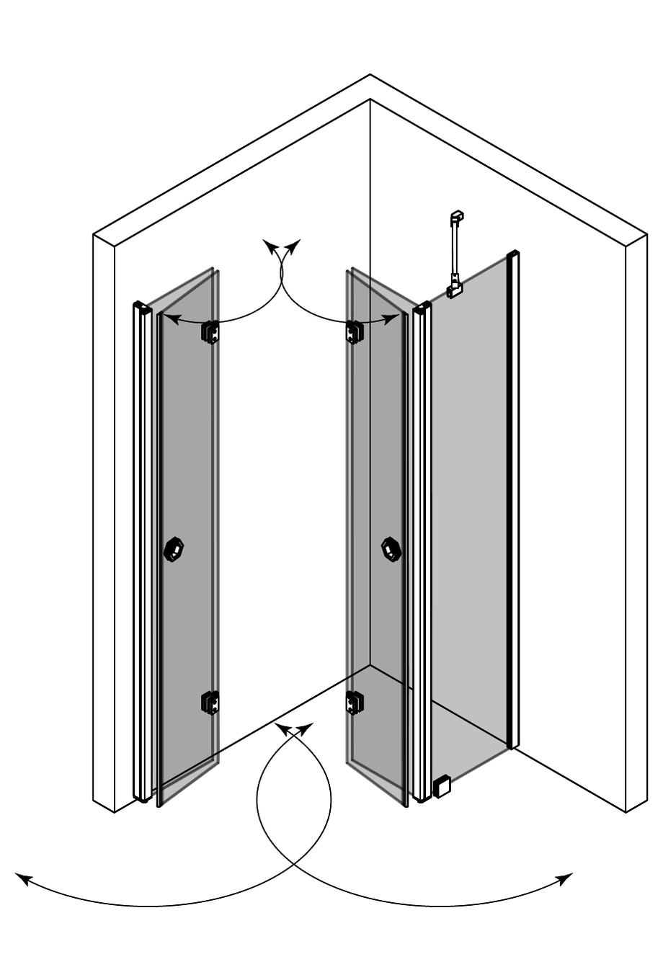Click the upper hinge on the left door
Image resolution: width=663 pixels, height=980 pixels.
210,331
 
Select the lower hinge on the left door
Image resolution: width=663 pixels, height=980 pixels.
210,702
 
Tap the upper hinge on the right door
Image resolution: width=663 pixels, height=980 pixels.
355,331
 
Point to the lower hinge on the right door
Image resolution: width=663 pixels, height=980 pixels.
355,702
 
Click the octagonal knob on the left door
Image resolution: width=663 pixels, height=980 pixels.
174,549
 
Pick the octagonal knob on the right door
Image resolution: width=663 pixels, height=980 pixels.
391,549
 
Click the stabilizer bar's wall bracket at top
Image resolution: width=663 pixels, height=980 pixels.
456,216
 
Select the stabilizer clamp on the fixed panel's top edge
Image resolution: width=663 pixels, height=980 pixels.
455,289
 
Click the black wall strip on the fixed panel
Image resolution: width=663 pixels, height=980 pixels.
513,497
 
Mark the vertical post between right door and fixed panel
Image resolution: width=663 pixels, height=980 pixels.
422,555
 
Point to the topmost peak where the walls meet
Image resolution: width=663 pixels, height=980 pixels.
370,75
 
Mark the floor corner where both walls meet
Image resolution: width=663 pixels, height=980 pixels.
370,665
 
